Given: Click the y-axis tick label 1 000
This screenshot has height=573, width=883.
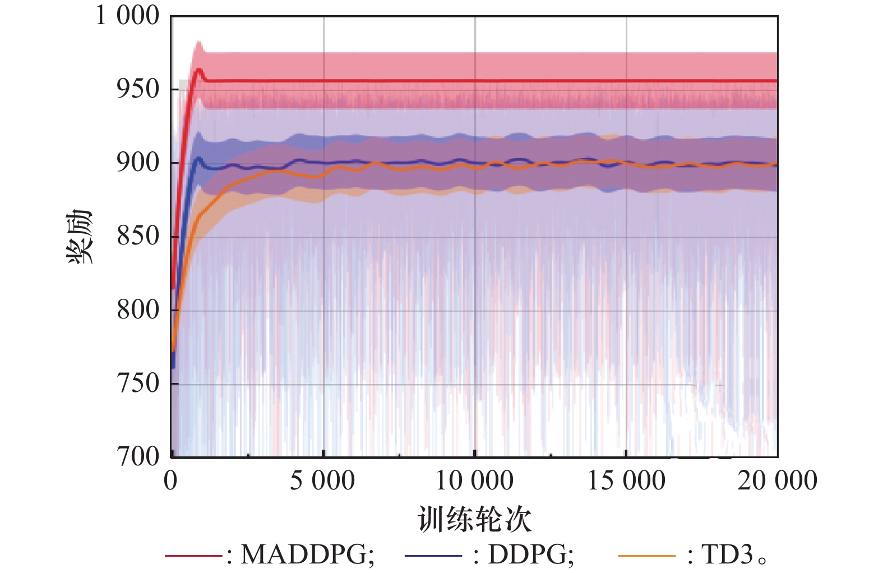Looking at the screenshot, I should (x=128, y=16).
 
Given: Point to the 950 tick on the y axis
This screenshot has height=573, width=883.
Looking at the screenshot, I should (x=138, y=89).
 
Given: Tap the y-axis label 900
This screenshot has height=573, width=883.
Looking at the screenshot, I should (x=138, y=163).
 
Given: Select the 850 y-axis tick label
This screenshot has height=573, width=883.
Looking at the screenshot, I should (x=138, y=236).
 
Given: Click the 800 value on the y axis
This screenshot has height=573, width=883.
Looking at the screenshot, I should (x=138, y=309).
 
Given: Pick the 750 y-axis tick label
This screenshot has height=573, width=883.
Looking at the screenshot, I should (x=138, y=383).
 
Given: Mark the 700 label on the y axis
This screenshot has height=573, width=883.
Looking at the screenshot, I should (x=138, y=456).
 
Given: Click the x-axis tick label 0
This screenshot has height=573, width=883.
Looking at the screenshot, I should (x=171, y=481).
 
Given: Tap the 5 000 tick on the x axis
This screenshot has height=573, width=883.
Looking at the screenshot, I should (x=322, y=481).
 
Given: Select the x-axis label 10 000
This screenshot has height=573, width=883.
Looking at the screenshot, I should (x=474, y=481).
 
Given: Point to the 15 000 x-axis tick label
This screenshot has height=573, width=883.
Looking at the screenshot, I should (x=626, y=481).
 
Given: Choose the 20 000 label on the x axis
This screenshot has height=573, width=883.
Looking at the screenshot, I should (x=777, y=481).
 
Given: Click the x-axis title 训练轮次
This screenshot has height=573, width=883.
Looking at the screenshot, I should (x=474, y=519).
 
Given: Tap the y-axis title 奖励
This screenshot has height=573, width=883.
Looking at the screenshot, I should (x=79, y=236).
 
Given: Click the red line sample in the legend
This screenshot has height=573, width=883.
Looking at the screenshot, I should (x=193, y=556).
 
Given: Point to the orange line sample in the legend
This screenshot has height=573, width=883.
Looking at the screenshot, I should (x=646, y=556).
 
